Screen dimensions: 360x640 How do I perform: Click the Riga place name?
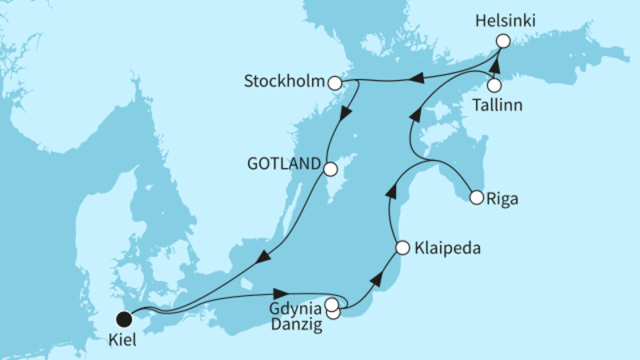502,198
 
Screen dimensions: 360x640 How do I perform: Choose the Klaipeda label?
449,249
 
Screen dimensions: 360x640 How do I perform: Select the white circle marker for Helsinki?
502,41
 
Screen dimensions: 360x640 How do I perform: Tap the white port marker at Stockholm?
336,82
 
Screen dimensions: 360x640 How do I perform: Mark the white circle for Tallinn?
494,84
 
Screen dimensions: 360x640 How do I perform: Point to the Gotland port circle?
329,169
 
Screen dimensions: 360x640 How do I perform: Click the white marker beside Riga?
477,197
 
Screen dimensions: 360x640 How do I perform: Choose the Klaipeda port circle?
402,249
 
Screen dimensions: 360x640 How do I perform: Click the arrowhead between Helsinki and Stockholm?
417,78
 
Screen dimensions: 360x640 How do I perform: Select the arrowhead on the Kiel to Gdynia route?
282,294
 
